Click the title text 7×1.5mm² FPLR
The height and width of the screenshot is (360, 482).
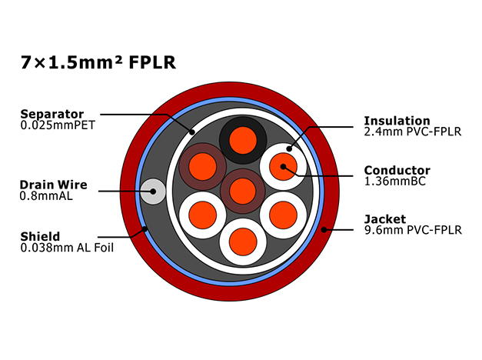pos(98,62)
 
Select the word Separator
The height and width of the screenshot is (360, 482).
pos(52,115)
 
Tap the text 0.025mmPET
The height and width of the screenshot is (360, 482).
pos(58,125)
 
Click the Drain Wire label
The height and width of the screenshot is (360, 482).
pos(54,185)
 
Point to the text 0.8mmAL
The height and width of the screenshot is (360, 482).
pos(46,195)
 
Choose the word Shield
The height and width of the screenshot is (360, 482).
pos(40,236)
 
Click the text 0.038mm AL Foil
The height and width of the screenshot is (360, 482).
pos(67,248)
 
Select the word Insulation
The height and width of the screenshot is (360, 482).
pos(397,121)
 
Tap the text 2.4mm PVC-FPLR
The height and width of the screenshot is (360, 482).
pos(413,132)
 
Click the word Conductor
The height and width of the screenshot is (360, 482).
pos(397,170)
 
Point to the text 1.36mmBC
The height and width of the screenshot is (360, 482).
pos(394,181)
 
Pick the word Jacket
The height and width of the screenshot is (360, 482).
pos(385,219)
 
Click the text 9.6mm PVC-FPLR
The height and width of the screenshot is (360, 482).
pos(413,230)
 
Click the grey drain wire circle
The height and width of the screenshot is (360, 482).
pos(153,192)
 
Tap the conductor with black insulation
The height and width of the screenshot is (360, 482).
pos(243,140)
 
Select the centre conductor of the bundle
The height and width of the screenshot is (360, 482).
pos(243,191)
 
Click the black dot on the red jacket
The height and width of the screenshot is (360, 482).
pos(324,229)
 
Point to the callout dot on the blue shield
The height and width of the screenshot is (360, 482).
pos(145,229)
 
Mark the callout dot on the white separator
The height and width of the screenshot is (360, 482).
pos(192,132)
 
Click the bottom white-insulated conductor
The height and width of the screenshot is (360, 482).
pos(243,242)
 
